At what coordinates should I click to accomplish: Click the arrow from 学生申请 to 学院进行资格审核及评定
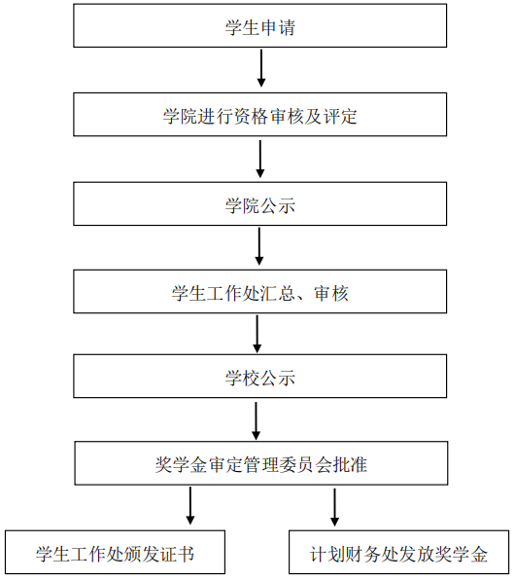261,68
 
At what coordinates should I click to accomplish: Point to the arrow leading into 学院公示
260,159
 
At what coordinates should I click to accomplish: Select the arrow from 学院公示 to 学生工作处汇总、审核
259,246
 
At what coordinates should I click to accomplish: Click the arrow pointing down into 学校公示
257,334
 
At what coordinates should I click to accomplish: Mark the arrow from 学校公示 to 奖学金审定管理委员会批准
256,421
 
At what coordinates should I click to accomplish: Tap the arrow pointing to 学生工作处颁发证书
190,505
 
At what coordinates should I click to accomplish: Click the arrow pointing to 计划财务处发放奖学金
334,507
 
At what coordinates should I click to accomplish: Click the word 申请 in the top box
278,27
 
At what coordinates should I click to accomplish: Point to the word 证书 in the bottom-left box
177,554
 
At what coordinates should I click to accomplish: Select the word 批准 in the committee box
350,464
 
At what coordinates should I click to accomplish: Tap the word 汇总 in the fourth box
278,293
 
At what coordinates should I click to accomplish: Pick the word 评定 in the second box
340,116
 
